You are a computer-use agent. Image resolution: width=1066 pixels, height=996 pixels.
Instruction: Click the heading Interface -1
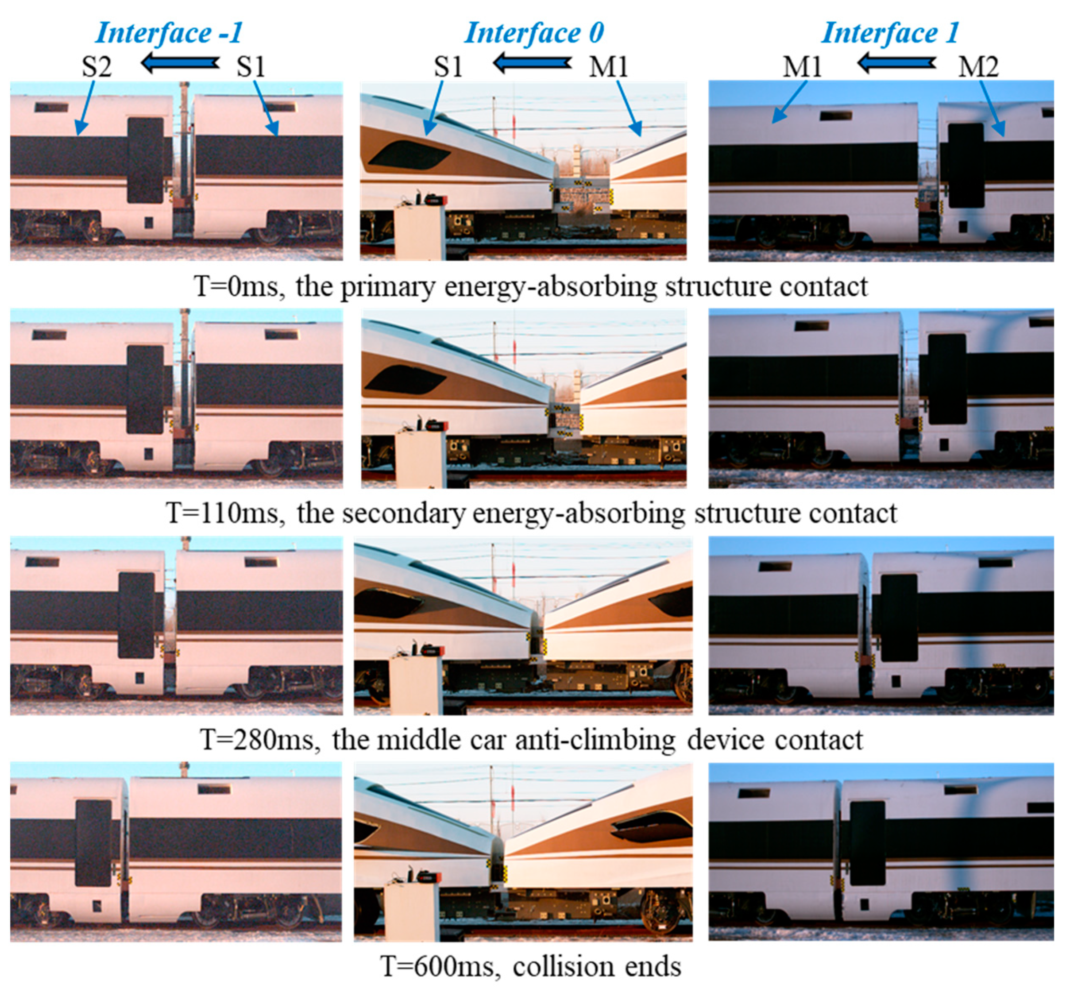tap(169, 33)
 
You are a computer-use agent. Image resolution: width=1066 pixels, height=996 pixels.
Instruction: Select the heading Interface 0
tap(534, 33)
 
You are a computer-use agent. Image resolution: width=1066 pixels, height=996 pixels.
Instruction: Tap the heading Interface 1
tap(890, 33)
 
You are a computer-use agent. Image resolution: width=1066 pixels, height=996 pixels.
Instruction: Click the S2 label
tap(97, 67)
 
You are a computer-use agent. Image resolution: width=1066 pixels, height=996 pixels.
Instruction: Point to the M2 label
tap(978, 67)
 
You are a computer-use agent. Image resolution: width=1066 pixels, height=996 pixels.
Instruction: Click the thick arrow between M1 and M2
tap(896, 63)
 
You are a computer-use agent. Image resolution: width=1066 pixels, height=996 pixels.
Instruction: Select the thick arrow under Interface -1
tap(180, 63)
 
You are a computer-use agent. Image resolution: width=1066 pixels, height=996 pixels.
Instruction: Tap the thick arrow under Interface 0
tap(533, 63)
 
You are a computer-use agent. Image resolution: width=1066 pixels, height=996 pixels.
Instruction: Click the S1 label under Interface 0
tap(448, 67)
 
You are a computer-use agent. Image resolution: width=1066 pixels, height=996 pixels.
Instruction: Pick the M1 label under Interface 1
tap(802, 67)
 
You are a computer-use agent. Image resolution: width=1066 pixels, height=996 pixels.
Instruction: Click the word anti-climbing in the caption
tap(595, 740)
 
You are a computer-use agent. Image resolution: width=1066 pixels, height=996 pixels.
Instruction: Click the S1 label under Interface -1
tap(251, 67)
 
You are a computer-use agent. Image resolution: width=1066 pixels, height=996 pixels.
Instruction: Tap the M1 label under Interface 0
tap(608, 67)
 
